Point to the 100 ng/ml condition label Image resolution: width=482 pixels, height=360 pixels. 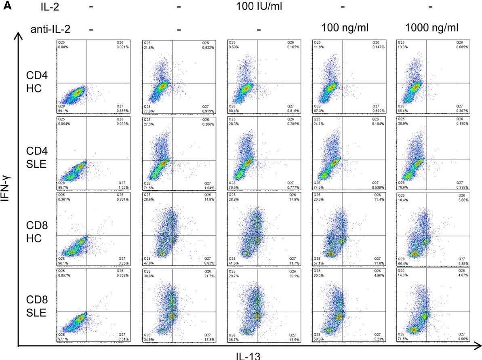[346, 28]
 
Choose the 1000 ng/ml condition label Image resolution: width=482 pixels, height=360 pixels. [432, 28]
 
